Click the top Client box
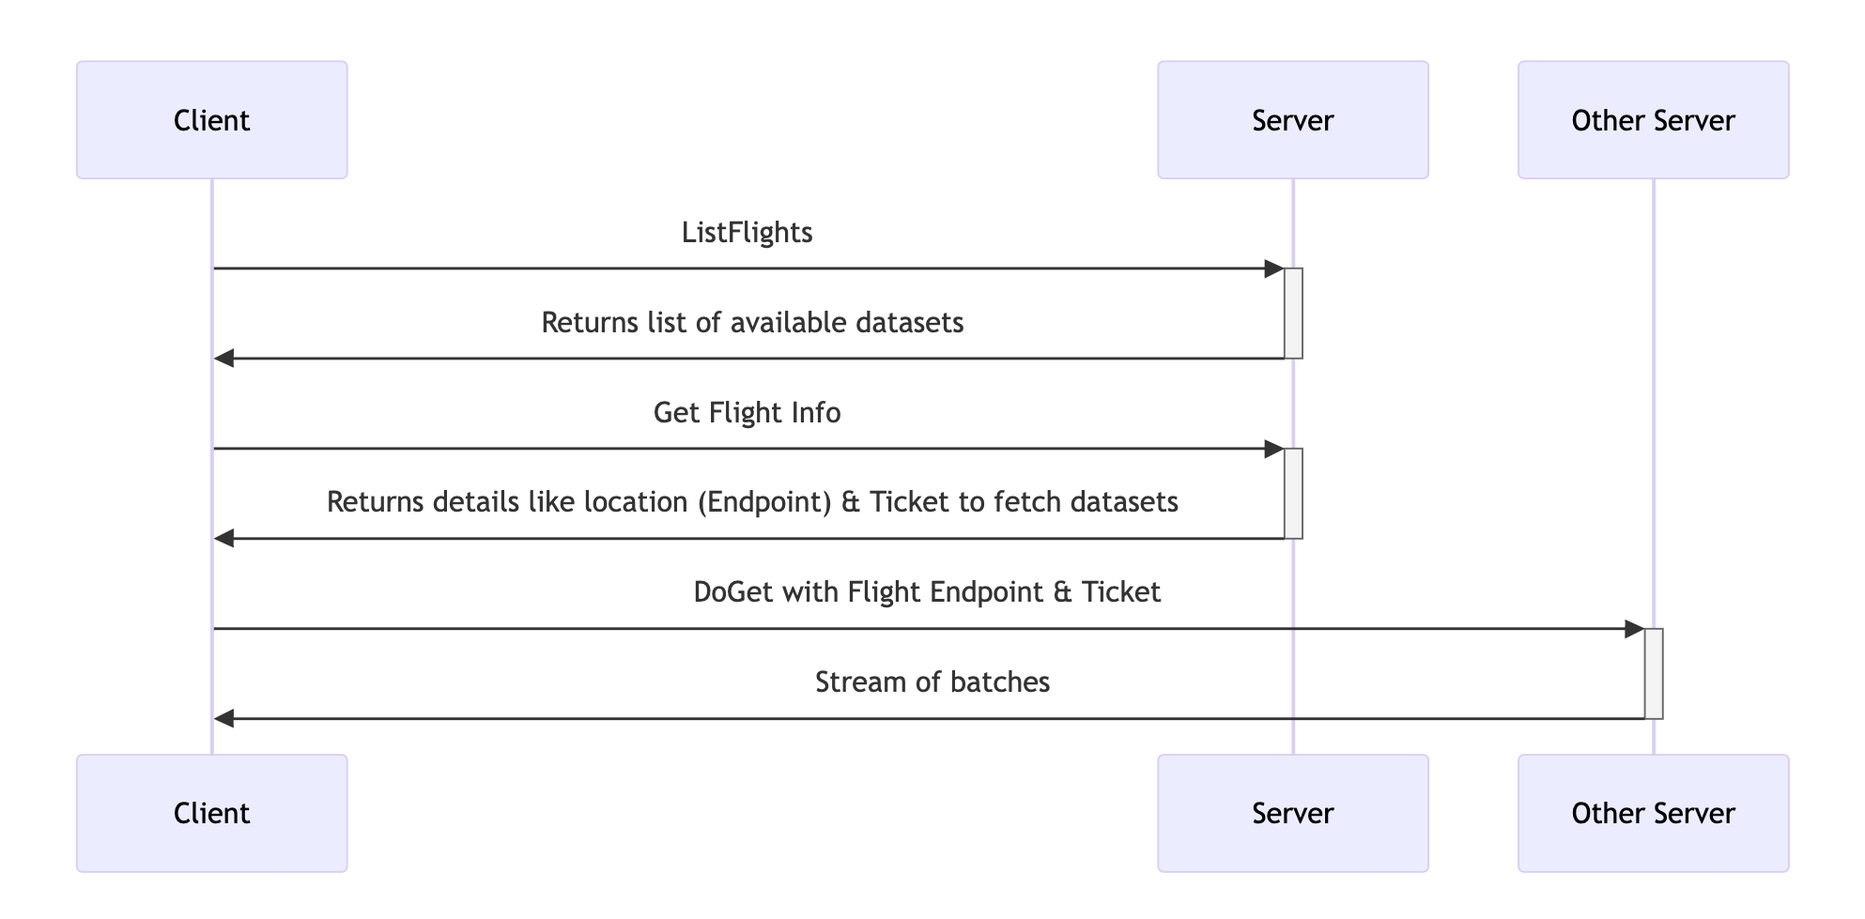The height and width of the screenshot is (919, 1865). pos(211,120)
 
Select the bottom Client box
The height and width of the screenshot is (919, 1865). pos(211,813)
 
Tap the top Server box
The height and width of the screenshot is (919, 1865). pos(1292,120)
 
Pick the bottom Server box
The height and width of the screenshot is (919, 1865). pos(1292,813)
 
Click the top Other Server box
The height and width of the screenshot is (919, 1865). pos(1653,120)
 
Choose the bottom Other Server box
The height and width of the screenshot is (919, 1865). pos(1653,813)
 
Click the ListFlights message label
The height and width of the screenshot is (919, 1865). pos(747,233)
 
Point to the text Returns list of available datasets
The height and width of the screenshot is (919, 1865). pos(752,323)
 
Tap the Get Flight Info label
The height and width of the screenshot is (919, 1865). pos(747,413)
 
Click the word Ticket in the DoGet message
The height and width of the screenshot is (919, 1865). pos(1120,592)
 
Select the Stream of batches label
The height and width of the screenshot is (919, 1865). pos(932,682)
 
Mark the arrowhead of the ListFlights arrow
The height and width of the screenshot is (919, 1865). pos(1274,268)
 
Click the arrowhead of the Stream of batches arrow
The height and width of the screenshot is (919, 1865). pos(223,719)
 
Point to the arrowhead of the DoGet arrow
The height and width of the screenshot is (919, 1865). pos(1635,629)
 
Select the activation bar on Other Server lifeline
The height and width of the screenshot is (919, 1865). pos(1654,674)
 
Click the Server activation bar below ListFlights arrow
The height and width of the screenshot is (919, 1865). pos(1293,314)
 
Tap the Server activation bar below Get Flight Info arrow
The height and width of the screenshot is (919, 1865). pos(1293,494)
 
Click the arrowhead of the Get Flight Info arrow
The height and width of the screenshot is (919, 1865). pos(1274,449)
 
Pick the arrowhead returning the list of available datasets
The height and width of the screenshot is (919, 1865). pos(223,359)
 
